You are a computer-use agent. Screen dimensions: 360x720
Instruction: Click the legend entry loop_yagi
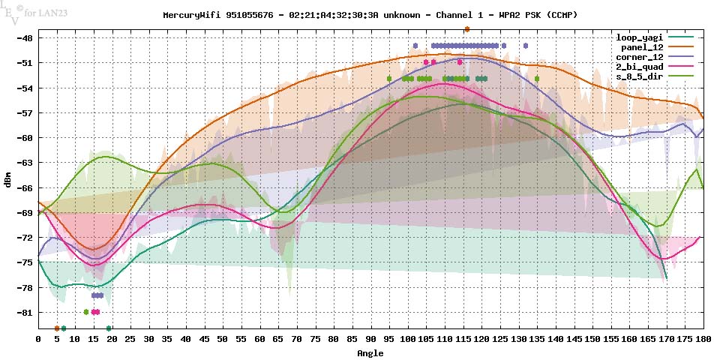[x=637, y=37]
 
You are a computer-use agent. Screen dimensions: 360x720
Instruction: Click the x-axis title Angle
[x=370, y=352]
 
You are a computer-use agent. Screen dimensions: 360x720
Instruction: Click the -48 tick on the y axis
[x=24, y=37]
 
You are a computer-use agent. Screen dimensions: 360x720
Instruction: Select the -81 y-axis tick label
[x=24, y=312]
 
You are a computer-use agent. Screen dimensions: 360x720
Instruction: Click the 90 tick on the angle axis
[x=370, y=339]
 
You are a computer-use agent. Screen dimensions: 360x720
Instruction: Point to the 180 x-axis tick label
[x=703, y=339]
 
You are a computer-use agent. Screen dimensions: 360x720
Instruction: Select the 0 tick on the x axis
[x=38, y=339]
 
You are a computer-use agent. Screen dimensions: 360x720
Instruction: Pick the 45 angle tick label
[x=205, y=339]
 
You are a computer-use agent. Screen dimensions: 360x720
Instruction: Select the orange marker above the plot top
[x=467, y=29]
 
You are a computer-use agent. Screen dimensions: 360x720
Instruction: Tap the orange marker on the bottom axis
[x=57, y=328]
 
